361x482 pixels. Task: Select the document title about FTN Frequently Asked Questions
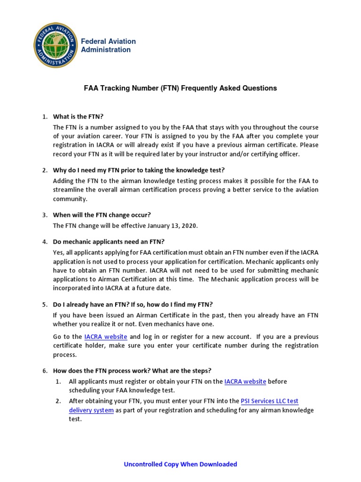(180, 88)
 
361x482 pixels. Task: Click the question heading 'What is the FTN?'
(78, 117)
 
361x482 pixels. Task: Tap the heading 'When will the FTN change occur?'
(102, 215)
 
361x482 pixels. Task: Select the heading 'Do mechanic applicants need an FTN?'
(109, 242)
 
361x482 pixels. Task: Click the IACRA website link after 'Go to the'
(106, 337)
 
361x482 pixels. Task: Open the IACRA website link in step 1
(245, 381)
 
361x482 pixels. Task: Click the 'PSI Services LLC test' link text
(269, 401)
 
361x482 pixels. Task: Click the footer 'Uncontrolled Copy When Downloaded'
(180, 464)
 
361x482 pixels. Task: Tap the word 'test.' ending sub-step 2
(75, 419)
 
